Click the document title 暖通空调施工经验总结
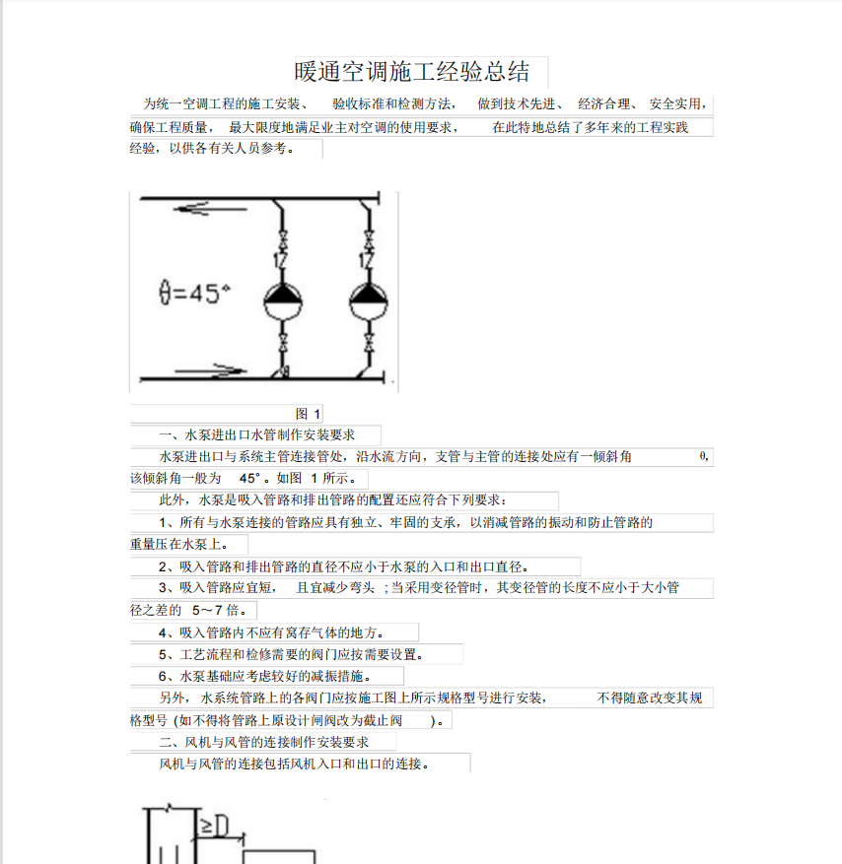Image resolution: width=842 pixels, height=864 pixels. click(412, 72)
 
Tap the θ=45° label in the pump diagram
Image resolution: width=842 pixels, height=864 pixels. click(194, 294)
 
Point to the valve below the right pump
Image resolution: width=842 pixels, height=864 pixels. click(368, 345)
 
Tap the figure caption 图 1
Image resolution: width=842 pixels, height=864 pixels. click(308, 414)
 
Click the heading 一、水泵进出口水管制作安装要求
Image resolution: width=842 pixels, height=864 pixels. click(255, 434)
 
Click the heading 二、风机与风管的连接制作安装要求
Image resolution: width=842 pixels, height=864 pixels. click(263, 742)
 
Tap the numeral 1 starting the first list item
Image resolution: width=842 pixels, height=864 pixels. click(163, 522)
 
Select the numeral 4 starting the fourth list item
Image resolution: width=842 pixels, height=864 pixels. click(163, 632)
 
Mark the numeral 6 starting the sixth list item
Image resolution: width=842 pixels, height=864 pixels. click(163, 677)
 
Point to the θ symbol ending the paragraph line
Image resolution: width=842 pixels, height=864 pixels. click(702, 456)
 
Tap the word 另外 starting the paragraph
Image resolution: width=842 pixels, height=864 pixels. click(174, 698)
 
